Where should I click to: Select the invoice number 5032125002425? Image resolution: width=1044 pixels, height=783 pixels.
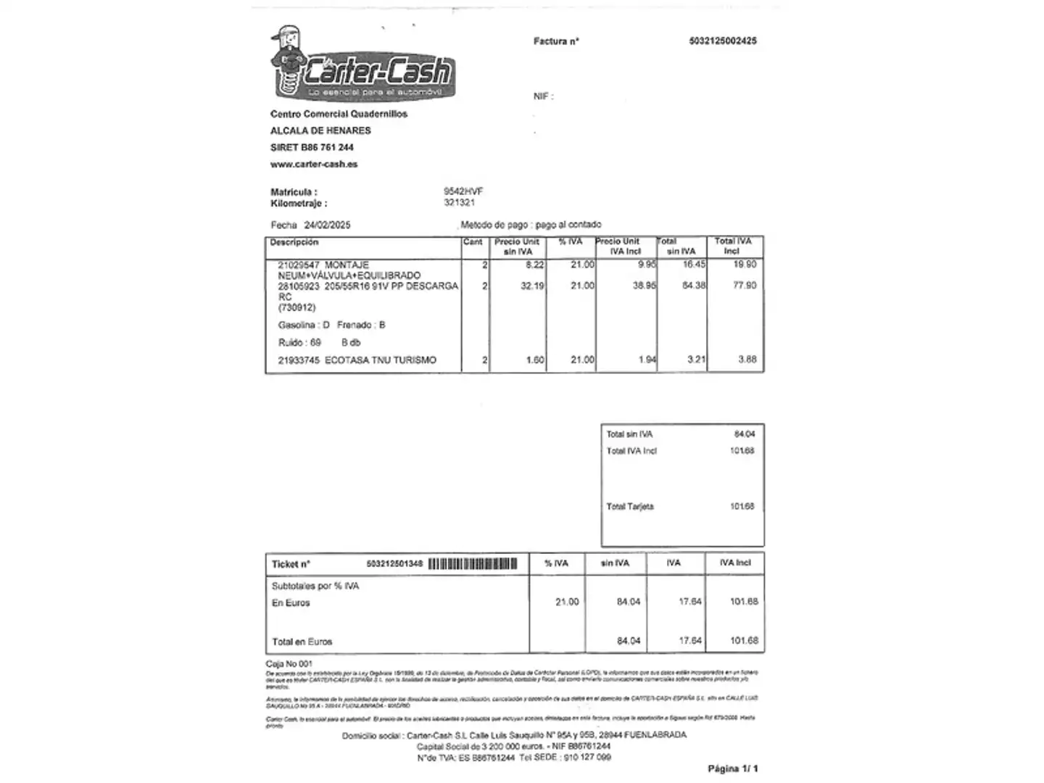point(722,41)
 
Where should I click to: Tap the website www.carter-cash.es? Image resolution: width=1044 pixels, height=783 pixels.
point(314,165)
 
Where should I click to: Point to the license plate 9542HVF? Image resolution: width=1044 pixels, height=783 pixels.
point(463,191)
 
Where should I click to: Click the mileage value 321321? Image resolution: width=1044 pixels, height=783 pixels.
point(459,203)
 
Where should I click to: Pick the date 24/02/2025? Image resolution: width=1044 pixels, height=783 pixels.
point(327,225)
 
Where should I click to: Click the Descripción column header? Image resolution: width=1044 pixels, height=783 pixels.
point(294,242)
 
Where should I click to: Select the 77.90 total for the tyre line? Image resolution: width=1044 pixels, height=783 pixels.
point(744,286)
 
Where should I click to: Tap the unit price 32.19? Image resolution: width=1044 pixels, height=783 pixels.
point(532,286)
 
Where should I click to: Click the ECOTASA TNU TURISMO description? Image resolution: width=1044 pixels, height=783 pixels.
point(380,360)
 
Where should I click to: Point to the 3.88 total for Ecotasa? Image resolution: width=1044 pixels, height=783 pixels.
point(747,360)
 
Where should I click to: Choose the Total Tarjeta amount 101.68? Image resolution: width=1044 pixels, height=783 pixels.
point(742,507)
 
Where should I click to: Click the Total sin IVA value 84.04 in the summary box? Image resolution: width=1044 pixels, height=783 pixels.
point(744,434)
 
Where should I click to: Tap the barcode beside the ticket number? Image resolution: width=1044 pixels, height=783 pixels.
point(473,564)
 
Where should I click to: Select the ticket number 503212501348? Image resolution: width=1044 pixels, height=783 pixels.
point(394,564)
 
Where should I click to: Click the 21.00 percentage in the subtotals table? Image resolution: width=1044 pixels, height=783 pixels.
point(567,602)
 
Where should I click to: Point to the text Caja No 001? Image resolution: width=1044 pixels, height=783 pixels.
point(289,663)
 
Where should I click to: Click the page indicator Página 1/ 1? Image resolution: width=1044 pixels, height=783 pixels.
point(732,768)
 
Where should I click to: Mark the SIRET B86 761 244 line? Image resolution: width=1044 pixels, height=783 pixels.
point(312,148)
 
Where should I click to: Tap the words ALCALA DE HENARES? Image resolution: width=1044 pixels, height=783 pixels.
point(320,131)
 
